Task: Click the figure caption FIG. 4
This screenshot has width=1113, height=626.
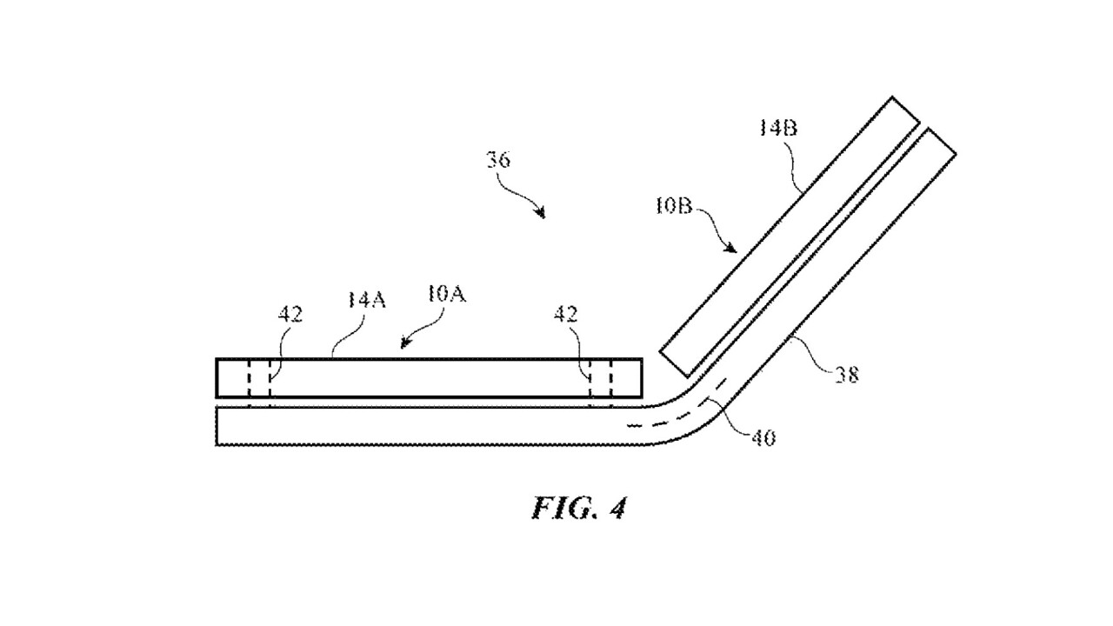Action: (x=578, y=508)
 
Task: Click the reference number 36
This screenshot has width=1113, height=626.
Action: (x=498, y=160)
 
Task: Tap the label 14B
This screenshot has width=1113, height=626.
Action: (x=778, y=129)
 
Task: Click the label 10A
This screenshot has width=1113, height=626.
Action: (x=446, y=294)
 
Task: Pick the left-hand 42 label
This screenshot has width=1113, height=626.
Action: (x=290, y=315)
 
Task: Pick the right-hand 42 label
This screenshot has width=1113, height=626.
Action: (x=565, y=315)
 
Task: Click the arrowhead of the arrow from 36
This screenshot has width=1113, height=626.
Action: (x=542, y=214)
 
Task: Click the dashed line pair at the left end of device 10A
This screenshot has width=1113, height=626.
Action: (x=259, y=379)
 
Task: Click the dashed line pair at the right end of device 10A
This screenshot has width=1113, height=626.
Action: (x=600, y=379)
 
